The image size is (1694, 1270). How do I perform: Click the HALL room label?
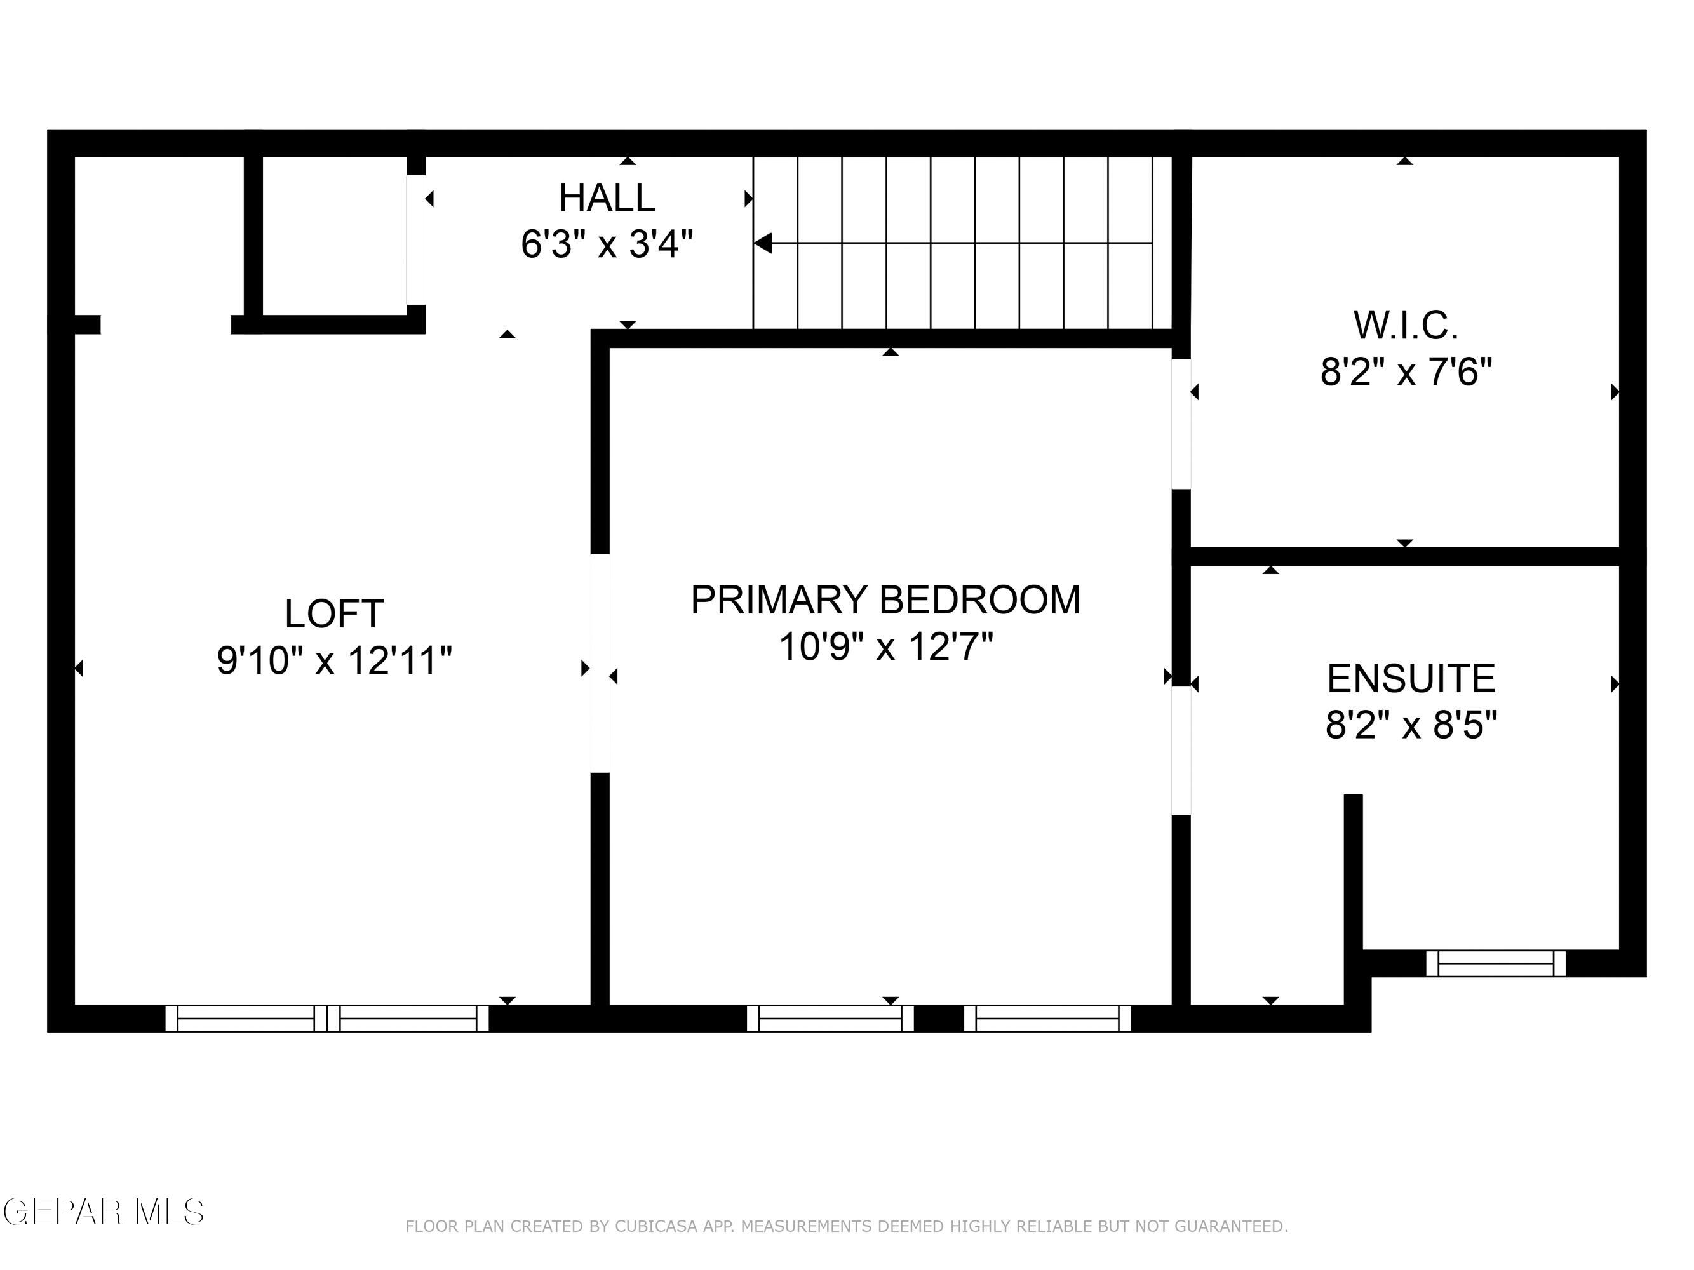click(x=607, y=197)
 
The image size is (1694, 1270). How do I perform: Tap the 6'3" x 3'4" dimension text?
click(x=607, y=245)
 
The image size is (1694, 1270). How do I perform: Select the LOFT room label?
click(x=334, y=613)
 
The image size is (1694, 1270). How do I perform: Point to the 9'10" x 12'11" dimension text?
click(x=334, y=660)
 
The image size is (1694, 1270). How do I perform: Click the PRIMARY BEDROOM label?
click(x=885, y=599)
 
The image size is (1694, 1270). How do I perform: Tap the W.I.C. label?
click(x=1405, y=325)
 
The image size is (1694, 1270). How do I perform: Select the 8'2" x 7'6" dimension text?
click(x=1405, y=373)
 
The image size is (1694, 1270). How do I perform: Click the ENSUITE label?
click(x=1411, y=678)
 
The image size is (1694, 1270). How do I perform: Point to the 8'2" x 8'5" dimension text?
click(x=1411, y=724)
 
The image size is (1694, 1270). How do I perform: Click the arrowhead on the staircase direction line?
click(x=763, y=243)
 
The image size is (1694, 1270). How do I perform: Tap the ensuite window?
click(x=1495, y=963)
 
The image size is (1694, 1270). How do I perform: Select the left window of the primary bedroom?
click(x=830, y=1018)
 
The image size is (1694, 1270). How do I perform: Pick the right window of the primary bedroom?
click(x=1047, y=1018)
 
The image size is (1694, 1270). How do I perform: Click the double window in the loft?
click(x=327, y=1018)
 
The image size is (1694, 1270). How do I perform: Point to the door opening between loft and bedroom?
click(x=600, y=663)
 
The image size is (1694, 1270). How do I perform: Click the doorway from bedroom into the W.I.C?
click(x=1181, y=424)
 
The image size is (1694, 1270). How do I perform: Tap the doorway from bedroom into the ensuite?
click(x=1181, y=750)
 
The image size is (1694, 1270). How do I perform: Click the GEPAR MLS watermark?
click(x=104, y=1212)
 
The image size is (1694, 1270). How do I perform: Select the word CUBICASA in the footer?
click(x=655, y=1226)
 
